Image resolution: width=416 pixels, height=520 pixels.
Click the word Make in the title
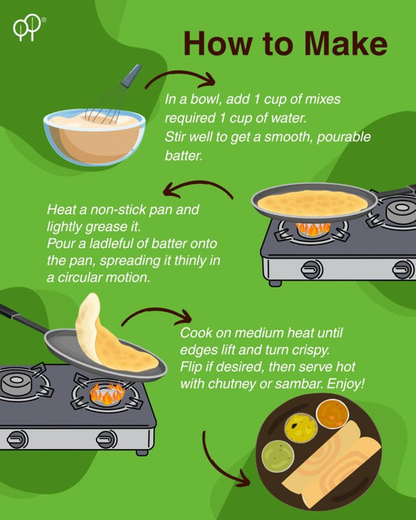point(346,44)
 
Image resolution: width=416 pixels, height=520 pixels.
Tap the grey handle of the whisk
point(132,76)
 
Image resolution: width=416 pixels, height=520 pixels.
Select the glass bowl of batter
point(94,137)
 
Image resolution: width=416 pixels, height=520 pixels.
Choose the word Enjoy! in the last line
point(346,384)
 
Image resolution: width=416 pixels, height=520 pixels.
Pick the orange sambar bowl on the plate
point(332,414)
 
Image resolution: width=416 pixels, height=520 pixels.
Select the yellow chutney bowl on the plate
point(301,428)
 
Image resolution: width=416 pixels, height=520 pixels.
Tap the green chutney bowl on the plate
point(278,456)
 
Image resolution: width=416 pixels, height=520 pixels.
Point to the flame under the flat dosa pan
point(313,229)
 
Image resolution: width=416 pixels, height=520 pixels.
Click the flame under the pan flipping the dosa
point(107,394)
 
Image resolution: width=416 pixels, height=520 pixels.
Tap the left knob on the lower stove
point(18,440)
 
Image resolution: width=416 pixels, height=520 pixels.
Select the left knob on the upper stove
point(311,269)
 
